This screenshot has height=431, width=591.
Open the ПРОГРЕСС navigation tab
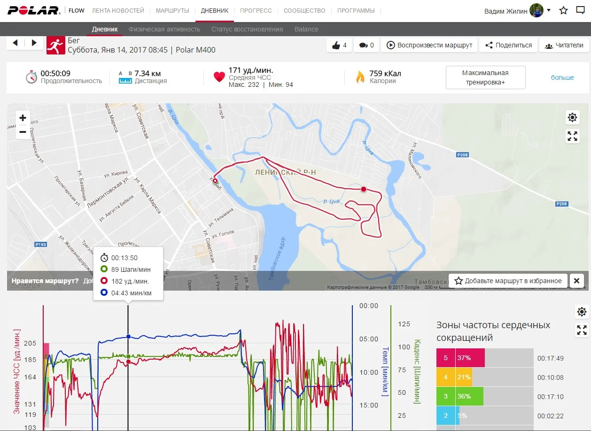(x=256, y=10)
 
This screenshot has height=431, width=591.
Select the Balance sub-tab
(x=306, y=29)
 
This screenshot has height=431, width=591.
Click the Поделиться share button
(x=508, y=45)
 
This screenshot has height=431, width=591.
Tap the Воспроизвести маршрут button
(x=429, y=45)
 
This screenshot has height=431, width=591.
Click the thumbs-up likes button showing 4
(x=339, y=45)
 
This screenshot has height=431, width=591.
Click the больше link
(x=562, y=77)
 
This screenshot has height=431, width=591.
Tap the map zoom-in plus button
(x=23, y=118)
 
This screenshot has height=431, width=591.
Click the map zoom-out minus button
(x=23, y=132)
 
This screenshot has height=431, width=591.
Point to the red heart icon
(x=219, y=77)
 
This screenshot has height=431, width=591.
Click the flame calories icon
(x=360, y=77)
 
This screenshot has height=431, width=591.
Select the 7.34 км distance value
(x=148, y=73)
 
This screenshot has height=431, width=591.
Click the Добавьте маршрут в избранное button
(x=508, y=281)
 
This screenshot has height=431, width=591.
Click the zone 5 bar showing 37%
(x=460, y=358)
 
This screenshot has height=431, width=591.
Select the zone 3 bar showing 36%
(x=460, y=396)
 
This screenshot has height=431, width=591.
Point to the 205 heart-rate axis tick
(x=30, y=343)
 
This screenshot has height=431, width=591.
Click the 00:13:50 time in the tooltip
(x=124, y=258)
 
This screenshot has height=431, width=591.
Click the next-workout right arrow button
(x=34, y=43)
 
